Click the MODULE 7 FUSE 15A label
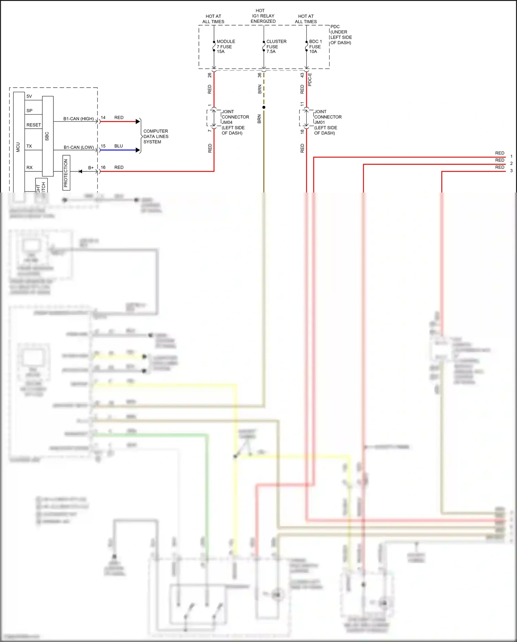pos(225,47)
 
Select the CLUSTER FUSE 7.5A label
pos(276,47)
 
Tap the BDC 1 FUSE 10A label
pos(315,47)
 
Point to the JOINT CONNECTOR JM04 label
pos(235,122)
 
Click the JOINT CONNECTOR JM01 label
pos(327,122)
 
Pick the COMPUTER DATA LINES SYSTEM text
pos(156,136)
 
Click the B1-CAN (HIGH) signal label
pos(78,119)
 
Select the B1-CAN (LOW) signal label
pos(79,147)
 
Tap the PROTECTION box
pos(66,173)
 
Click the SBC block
pos(48,136)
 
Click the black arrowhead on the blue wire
pos(138,150)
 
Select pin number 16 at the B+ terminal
pos(103,167)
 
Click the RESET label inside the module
pos(33,125)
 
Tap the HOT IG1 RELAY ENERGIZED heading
pos(263,16)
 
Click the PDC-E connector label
pos(310,80)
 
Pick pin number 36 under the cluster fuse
pos(260,75)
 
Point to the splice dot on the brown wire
pos(264,107)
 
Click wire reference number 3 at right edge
pos(511,171)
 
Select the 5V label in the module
pos(29,96)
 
